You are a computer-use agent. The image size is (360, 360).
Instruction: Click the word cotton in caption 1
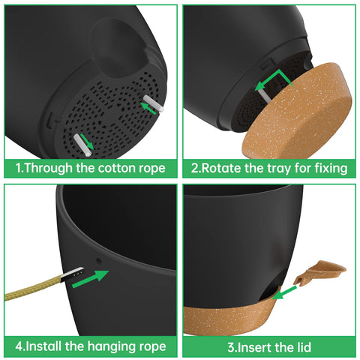[x=116, y=168]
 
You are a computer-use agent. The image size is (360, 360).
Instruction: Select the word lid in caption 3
[x=302, y=347]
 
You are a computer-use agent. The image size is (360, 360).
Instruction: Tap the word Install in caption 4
[x=43, y=346]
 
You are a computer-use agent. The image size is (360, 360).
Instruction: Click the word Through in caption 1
[x=48, y=168]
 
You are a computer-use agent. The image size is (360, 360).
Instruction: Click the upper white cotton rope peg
[x=153, y=103]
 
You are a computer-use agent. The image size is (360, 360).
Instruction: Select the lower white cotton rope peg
[x=82, y=145]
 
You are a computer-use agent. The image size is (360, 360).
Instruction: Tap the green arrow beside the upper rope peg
[x=148, y=108]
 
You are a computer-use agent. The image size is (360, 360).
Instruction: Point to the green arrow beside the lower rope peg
[x=87, y=142]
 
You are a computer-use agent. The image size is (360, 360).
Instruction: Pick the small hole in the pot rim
[x=99, y=262]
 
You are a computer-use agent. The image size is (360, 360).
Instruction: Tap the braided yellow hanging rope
[x=34, y=288]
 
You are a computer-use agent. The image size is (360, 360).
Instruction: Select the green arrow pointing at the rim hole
[x=91, y=279]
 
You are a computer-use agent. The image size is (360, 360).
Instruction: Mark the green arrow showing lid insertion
[x=284, y=292]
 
